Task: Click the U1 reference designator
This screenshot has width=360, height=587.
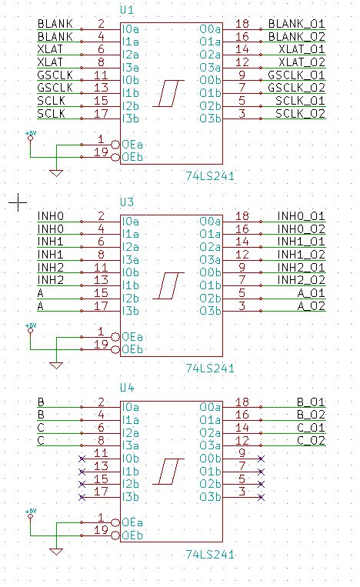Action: click(x=127, y=11)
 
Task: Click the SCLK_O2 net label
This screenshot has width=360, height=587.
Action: click(x=301, y=115)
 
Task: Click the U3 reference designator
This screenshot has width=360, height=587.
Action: click(x=127, y=202)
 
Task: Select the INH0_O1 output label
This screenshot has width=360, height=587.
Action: click(x=302, y=216)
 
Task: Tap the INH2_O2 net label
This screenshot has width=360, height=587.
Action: click(x=302, y=280)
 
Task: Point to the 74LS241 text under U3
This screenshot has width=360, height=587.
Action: click(x=210, y=369)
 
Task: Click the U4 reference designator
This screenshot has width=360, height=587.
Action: click(x=127, y=388)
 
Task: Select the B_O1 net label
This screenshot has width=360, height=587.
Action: click(x=311, y=402)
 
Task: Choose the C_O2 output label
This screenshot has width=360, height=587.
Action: click(x=311, y=441)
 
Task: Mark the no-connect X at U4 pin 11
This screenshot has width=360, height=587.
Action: click(x=81, y=459)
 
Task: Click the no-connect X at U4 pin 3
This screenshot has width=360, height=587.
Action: click(x=262, y=498)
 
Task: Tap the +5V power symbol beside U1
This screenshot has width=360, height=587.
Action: click(x=30, y=136)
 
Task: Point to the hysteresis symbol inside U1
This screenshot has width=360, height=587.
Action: click(x=165, y=94)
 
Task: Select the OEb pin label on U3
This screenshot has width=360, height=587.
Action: click(x=132, y=350)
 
